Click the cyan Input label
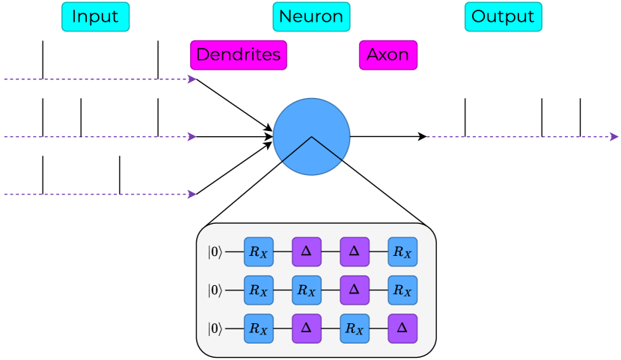[x=95, y=16]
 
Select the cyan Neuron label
[x=311, y=16]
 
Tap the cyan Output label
[x=503, y=16]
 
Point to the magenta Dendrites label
[x=238, y=55]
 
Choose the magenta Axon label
[x=388, y=55]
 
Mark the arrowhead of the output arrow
[x=614, y=137]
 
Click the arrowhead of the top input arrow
[x=192, y=79]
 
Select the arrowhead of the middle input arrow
[x=192, y=136]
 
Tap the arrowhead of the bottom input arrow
[x=192, y=194]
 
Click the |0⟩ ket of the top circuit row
[x=215, y=252]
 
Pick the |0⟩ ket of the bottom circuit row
[x=215, y=329]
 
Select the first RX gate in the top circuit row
[x=259, y=252]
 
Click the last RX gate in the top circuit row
[x=403, y=252]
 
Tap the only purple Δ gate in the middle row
[x=355, y=290]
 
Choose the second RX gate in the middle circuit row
[x=307, y=290]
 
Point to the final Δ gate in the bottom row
[x=403, y=329]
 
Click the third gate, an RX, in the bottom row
[x=355, y=329]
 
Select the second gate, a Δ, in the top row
[x=307, y=252]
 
